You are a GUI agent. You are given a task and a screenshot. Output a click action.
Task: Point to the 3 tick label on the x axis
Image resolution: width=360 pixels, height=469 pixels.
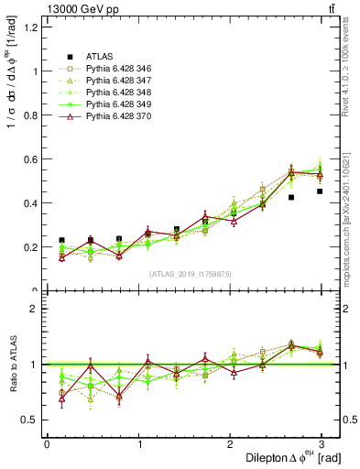coord(323,443)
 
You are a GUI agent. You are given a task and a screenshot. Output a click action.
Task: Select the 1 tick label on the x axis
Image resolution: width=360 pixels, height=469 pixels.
coord(138,443)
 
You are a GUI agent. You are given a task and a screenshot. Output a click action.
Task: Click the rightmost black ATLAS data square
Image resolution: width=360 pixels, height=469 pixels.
coord(320,191)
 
